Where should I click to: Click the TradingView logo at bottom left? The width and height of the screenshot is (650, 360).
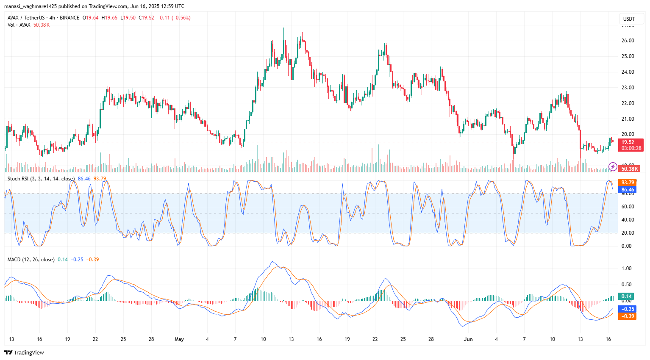[x=24, y=352]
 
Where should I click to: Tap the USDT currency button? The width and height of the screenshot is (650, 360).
[x=629, y=19]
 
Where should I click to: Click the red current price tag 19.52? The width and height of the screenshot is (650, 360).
[x=631, y=142]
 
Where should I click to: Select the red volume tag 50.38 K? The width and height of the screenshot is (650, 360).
[x=629, y=169]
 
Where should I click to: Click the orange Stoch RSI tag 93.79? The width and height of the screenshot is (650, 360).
[x=628, y=183]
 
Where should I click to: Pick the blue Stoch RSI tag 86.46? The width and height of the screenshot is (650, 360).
[x=628, y=190]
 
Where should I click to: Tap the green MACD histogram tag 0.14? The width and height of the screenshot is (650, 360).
[x=626, y=296]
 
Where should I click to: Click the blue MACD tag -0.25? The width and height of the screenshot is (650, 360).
[x=628, y=309]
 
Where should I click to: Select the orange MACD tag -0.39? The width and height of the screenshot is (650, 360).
[x=628, y=316]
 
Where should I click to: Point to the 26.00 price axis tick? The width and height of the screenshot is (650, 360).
[x=628, y=41]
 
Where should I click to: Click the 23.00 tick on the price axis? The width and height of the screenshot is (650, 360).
[x=628, y=88]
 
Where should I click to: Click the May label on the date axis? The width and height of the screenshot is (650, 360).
[x=179, y=339]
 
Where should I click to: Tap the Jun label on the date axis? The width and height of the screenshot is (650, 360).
[x=468, y=339]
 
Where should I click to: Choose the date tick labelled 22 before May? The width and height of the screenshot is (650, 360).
[x=95, y=339]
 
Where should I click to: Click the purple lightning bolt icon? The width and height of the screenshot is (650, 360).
[x=613, y=167]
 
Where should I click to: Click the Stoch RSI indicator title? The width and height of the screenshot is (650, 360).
[x=41, y=179]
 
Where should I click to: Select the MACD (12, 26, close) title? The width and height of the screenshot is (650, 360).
[x=31, y=260]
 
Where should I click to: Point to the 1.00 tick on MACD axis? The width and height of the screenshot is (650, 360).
[x=626, y=269]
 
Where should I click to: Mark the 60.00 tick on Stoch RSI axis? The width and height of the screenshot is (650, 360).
[x=628, y=207]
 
